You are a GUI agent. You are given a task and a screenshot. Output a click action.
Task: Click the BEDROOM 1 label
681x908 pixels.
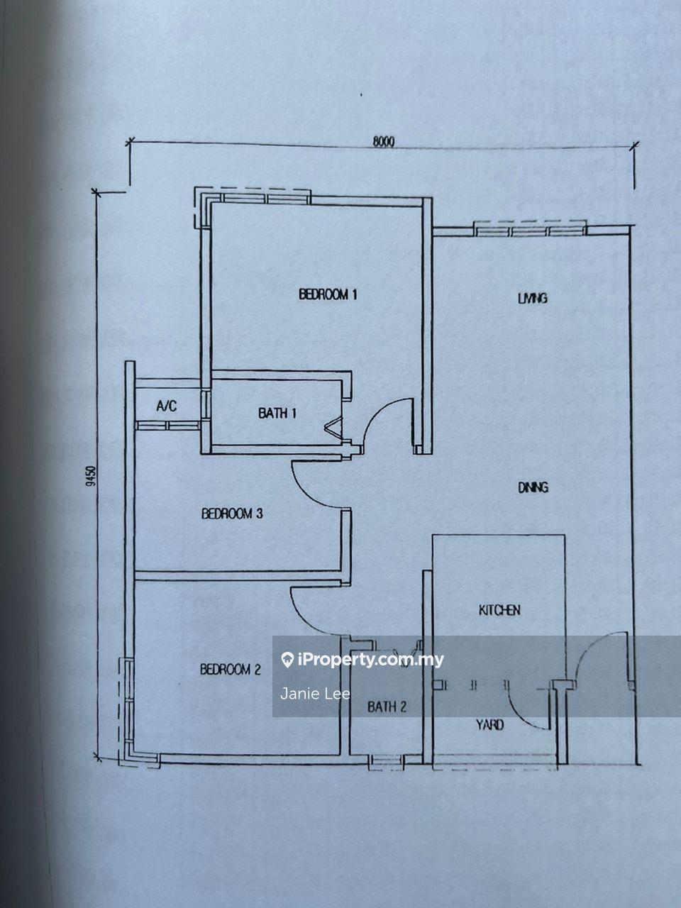tap(328, 294)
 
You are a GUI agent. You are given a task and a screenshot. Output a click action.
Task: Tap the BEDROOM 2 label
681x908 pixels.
tap(231, 669)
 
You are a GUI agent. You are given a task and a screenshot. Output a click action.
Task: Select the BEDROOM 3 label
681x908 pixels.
tap(232, 514)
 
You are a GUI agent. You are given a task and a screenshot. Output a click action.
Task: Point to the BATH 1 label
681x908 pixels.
tap(277, 413)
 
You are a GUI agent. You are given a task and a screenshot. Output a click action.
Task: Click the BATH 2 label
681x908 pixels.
tap(387, 707)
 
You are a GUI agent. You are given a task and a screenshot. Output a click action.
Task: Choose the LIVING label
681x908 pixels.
tap(533, 298)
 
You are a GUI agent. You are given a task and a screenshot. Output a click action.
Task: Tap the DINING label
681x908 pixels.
tap(533, 487)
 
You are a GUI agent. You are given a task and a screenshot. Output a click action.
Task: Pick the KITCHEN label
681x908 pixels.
tap(499, 610)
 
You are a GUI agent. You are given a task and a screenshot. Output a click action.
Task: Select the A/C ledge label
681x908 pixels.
tap(167, 406)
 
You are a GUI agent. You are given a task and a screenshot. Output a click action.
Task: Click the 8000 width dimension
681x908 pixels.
tap(384, 142)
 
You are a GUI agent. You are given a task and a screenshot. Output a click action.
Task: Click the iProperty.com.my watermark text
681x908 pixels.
tap(370, 660)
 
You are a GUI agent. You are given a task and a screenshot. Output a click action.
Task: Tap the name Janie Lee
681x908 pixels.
tap(315, 694)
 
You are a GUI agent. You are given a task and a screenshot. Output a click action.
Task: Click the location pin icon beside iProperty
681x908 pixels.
tap(287, 660)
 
